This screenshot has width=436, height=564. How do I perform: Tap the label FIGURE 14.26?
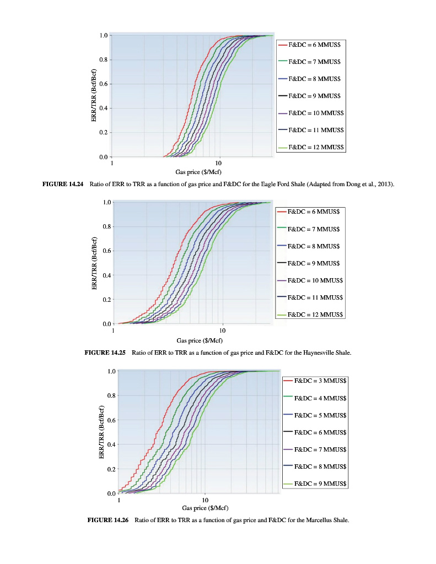[109, 519]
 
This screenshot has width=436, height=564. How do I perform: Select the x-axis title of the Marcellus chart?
[205, 508]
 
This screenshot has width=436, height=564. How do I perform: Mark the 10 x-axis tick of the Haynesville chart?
[222, 330]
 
